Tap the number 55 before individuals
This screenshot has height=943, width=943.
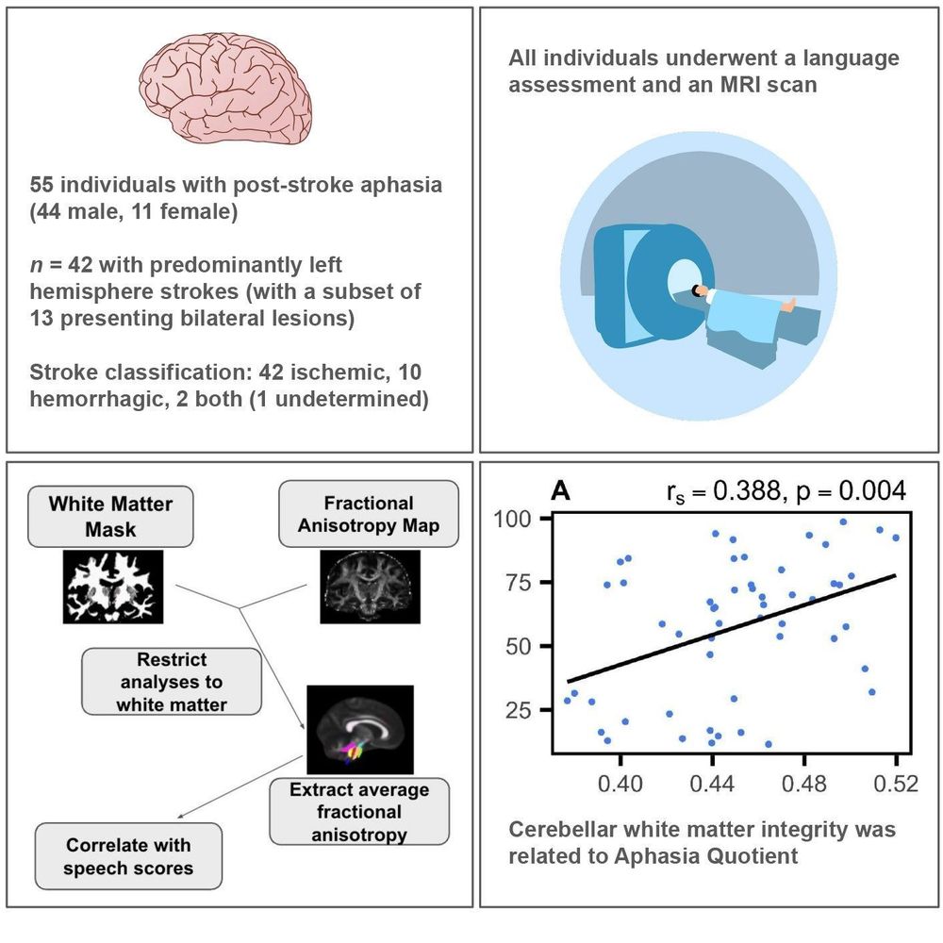(x=41, y=185)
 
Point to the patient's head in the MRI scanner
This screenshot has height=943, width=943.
(x=698, y=291)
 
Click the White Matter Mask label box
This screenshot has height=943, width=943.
(x=110, y=517)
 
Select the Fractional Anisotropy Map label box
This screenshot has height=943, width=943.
(x=369, y=514)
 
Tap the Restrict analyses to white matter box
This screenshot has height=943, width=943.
(x=172, y=682)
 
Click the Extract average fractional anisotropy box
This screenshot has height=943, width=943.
(x=359, y=811)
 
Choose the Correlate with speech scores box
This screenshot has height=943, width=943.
(x=128, y=856)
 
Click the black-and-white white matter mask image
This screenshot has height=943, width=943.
(x=113, y=587)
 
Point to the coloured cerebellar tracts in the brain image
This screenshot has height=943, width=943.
(x=353, y=752)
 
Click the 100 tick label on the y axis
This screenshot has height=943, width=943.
(x=512, y=519)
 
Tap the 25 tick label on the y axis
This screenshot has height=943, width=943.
(x=519, y=710)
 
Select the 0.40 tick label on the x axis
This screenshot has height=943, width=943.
(x=620, y=785)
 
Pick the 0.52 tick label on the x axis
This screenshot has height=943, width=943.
(x=896, y=785)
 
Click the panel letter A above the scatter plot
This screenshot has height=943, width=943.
(x=560, y=491)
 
